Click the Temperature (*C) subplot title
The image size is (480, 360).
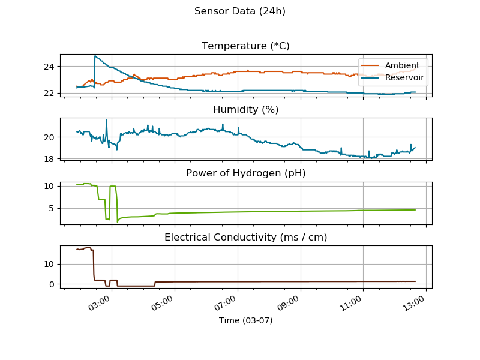click(x=245, y=46)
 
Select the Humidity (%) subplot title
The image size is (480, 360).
click(x=245, y=109)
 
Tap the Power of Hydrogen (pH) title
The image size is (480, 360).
click(x=245, y=173)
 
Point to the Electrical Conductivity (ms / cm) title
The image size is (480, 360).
click(x=245, y=238)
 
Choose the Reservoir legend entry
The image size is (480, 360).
click(x=404, y=77)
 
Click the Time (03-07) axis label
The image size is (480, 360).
click(x=245, y=320)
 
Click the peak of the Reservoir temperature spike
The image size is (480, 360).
click(x=95, y=56)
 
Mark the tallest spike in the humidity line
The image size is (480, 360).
click(x=107, y=120)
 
